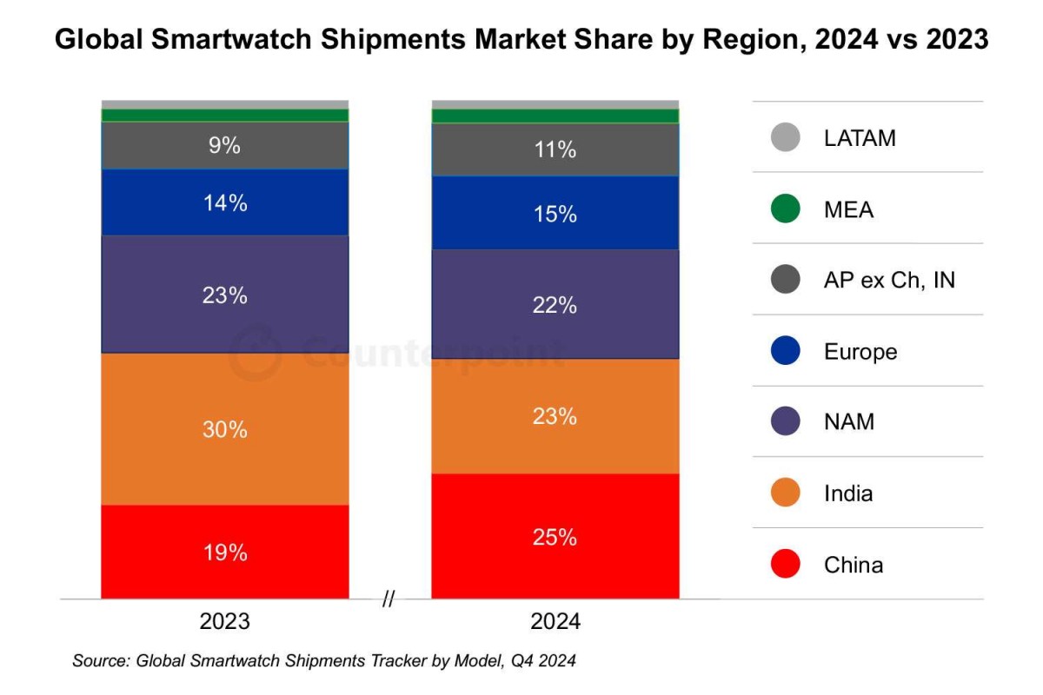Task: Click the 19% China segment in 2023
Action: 224,552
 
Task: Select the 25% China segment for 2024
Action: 555,536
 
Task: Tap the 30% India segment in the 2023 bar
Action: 224,428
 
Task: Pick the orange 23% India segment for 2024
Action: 555,415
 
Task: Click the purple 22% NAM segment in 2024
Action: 555,304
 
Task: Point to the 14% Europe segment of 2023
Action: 224,202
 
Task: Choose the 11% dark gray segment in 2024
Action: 555,149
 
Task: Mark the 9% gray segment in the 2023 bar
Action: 224,145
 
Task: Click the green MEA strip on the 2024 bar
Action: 555,116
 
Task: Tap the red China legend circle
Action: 785,565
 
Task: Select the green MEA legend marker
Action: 785,209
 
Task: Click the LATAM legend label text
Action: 859,138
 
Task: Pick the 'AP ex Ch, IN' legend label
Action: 888,281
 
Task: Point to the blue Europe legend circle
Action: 785,352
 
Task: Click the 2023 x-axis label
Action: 224,622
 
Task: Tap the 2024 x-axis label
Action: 555,622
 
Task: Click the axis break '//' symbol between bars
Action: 389,599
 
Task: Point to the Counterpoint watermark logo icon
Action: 256,353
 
